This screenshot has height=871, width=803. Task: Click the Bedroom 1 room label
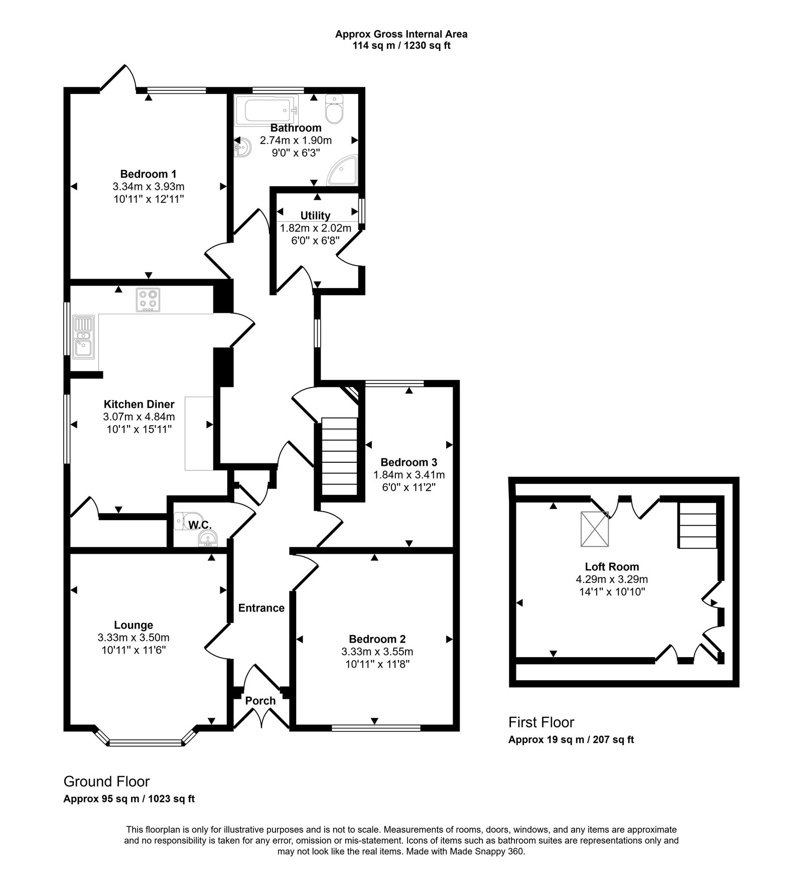(x=148, y=174)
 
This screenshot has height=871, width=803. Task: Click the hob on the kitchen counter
(x=148, y=300)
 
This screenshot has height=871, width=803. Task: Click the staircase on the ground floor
(x=339, y=458)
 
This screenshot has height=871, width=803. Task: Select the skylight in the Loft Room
(x=595, y=529)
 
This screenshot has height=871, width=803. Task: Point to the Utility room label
(x=315, y=215)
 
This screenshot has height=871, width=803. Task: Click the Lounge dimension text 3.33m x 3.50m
(x=133, y=638)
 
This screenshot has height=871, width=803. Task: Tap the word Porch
(x=260, y=700)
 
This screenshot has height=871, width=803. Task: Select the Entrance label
(x=261, y=608)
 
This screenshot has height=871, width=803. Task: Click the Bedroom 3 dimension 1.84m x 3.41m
(x=409, y=474)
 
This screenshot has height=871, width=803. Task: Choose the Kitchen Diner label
(x=139, y=404)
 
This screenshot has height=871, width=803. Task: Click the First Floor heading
(x=541, y=722)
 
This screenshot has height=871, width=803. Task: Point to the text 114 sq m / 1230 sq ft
(x=401, y=46)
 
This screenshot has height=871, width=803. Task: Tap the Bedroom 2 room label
(x=377, y=639)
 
